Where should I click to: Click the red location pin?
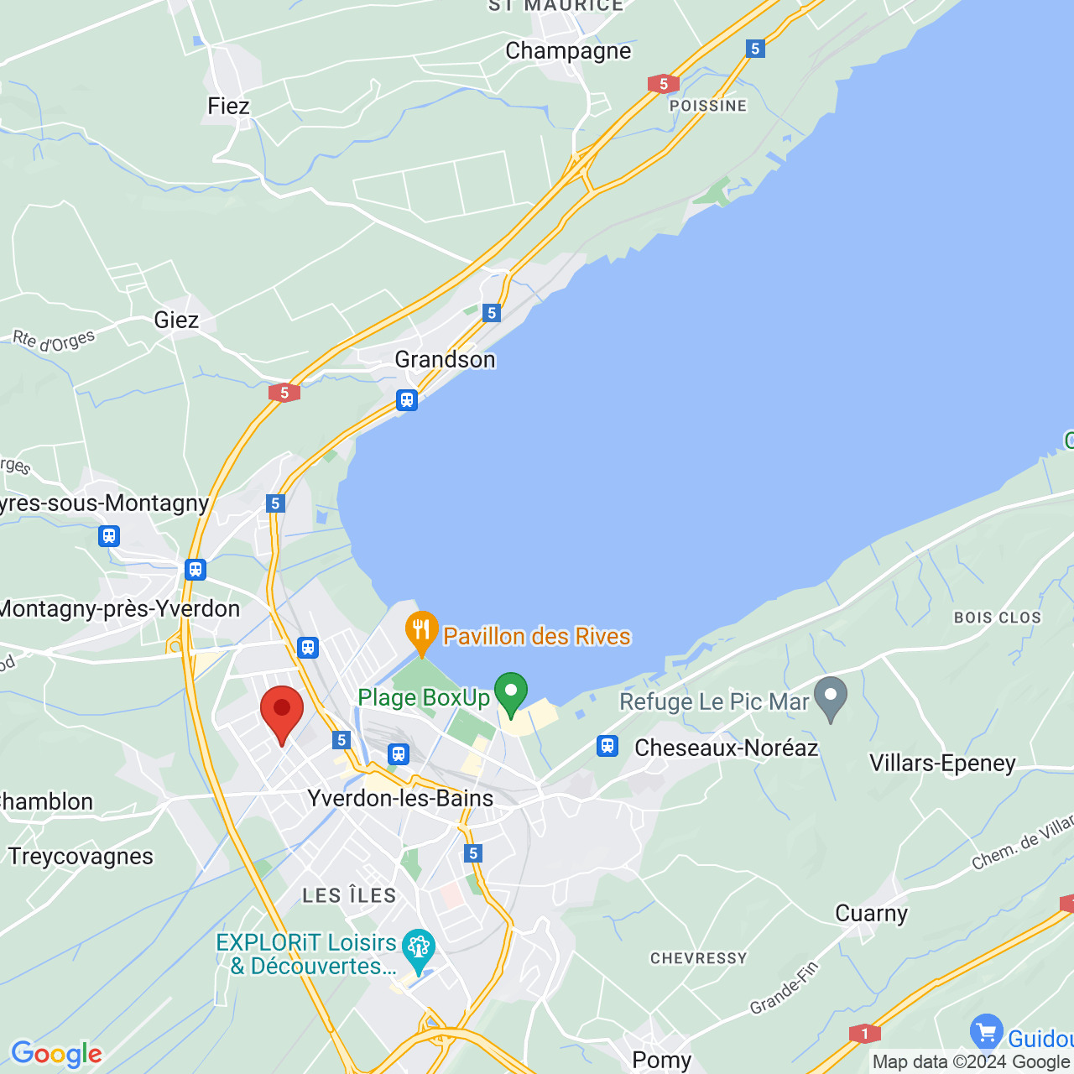[x=281, y=712]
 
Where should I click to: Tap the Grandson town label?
[x=445, y=359]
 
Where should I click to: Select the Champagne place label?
[x=568, y=51]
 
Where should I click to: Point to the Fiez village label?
[x=228, y=106]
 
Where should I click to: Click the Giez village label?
[x=176, y=320]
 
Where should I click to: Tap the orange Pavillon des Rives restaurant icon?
[x=421, y=630]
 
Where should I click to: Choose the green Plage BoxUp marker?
[x=510, y=693]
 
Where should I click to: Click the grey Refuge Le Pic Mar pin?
[x=831, y=696]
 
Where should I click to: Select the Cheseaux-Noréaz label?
[x=726, y=748]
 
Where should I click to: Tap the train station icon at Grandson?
[x=407, y=399]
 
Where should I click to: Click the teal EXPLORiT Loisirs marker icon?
[x=418, y=948]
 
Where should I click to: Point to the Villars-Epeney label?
[x=942, y=763]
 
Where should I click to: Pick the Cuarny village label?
[x=871, y=913]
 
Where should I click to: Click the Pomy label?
[x=661, y=1060]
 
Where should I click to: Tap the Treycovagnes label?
[x=81, y=856]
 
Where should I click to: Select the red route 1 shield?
[x=864, y=1034]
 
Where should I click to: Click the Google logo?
[x=56, y=1054]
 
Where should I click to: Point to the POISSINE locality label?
[x=707, y=106]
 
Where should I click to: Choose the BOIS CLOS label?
[x=997, y=618]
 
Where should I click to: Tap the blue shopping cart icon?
[x=986, y=1031]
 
